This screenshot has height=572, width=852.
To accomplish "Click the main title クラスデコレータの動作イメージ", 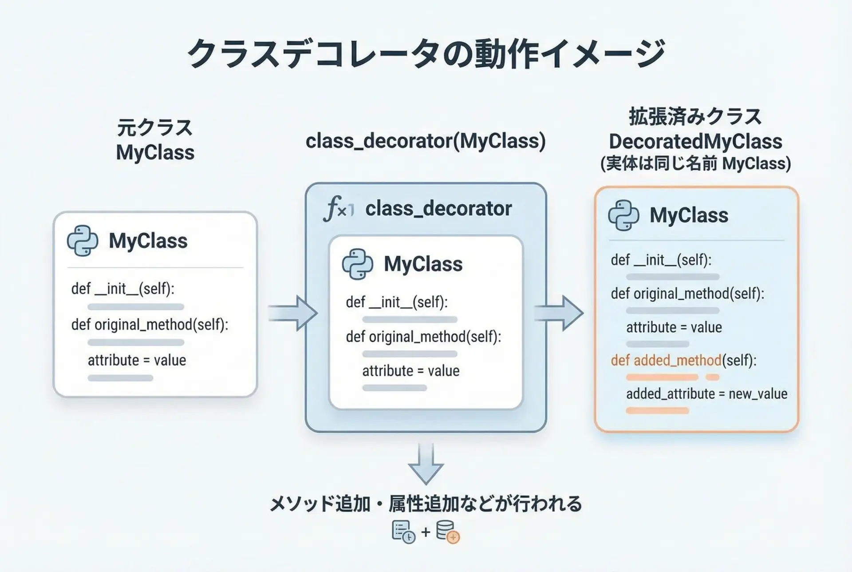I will pyautogui.click(x=426, y=54).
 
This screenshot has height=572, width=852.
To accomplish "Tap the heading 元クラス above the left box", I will pyautogui.click(x=155, y=128).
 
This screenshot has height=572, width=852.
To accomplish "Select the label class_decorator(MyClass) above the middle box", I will pyautogui.click(x=426, y=141).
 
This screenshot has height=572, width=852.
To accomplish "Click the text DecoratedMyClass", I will pyautogui.click(x=695, y=142).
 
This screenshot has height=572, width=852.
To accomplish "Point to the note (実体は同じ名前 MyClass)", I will pyautogui.click(x=695, y=163).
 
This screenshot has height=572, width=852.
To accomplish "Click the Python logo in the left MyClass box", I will pyautogui.click(x=83, y=241).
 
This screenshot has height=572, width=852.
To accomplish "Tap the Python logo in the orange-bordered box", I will pyautogui.click(x=623, y=215).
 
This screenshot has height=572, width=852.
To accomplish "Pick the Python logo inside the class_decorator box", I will pyautogui.click(x=357, y=264).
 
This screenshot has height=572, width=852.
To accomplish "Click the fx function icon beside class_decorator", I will pyautogui.click(x=339, y=209).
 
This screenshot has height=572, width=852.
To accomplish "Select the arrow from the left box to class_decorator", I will pyautogui.click(x=293, y=313).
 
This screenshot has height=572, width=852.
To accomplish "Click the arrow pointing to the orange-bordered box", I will pyautogui.click(x=559, y=313).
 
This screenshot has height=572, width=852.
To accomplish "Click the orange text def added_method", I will pyautogui.click(x=666, y=360).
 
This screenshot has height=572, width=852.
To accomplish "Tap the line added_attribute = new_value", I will pyautogui.click(x=706, y=394).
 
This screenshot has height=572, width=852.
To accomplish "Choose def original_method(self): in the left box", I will pyautogui.click(x=150, y=325).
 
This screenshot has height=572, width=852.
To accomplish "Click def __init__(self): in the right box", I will pyautogui.click(x=661, y=260).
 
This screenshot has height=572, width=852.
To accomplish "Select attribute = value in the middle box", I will pyautogui.click(x=410, y=371).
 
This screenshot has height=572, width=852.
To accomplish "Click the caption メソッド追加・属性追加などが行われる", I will pyautogui.click(x=426, y=504).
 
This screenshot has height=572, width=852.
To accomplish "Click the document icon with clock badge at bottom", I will pyautogui.click(x=403, y=532).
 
